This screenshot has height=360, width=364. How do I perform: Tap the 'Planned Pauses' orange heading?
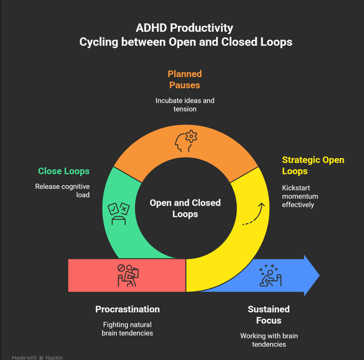[184, 80]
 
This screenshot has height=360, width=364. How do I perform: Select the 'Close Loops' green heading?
[64, 171]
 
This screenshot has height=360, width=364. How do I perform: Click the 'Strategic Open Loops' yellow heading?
[313, 165]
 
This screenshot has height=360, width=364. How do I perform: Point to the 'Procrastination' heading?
[127, 309]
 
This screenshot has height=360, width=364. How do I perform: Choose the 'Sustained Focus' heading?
[268, 315]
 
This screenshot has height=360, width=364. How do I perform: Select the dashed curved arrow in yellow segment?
[254, 214]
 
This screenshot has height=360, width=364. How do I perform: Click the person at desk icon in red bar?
[128, 275]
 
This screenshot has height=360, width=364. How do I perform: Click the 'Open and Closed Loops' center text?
[185, 208]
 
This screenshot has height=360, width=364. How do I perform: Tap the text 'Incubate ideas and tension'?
[185, 105]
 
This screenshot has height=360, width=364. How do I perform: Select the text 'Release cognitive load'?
[62, 191]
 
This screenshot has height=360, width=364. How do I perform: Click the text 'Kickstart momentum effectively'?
[300, 196]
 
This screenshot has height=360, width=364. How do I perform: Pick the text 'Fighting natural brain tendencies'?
[127, 329]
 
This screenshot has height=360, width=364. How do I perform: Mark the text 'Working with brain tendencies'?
[269, 340]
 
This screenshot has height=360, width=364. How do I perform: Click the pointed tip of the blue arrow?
[319, 276]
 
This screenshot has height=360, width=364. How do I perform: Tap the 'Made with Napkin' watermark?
[37, 358]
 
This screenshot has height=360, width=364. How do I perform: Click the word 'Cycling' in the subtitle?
[97, 42]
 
